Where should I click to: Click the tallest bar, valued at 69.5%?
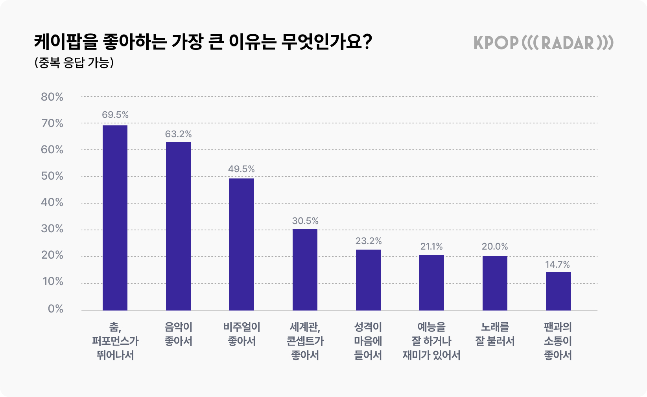[x=115, y=218]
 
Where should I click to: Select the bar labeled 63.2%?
[x=178, y=226]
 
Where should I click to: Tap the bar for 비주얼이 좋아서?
[x=241, y=244]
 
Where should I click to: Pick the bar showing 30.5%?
[x=305, y=269]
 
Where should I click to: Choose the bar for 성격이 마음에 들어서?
[x=368, y=279]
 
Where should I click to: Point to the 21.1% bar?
[x=431, y=282]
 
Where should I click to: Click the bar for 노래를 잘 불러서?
[x=495, y=283]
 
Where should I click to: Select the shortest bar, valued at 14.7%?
[x=558, y=291]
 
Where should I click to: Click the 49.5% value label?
[x=241, y=169]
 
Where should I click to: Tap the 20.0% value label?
[x=495, y=246]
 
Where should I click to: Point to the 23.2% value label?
[x=369, y=241]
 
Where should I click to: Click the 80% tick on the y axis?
[x=52, y=97]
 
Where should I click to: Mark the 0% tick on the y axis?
[x=55, y=309]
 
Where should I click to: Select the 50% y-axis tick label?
[x=52, y=176]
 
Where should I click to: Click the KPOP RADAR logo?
[x=543, y=43]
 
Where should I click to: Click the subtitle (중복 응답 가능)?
[x=74, y=63]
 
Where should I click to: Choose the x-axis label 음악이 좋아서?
[x=178, y=334]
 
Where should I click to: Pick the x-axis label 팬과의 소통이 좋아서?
[x=558, y=341]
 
